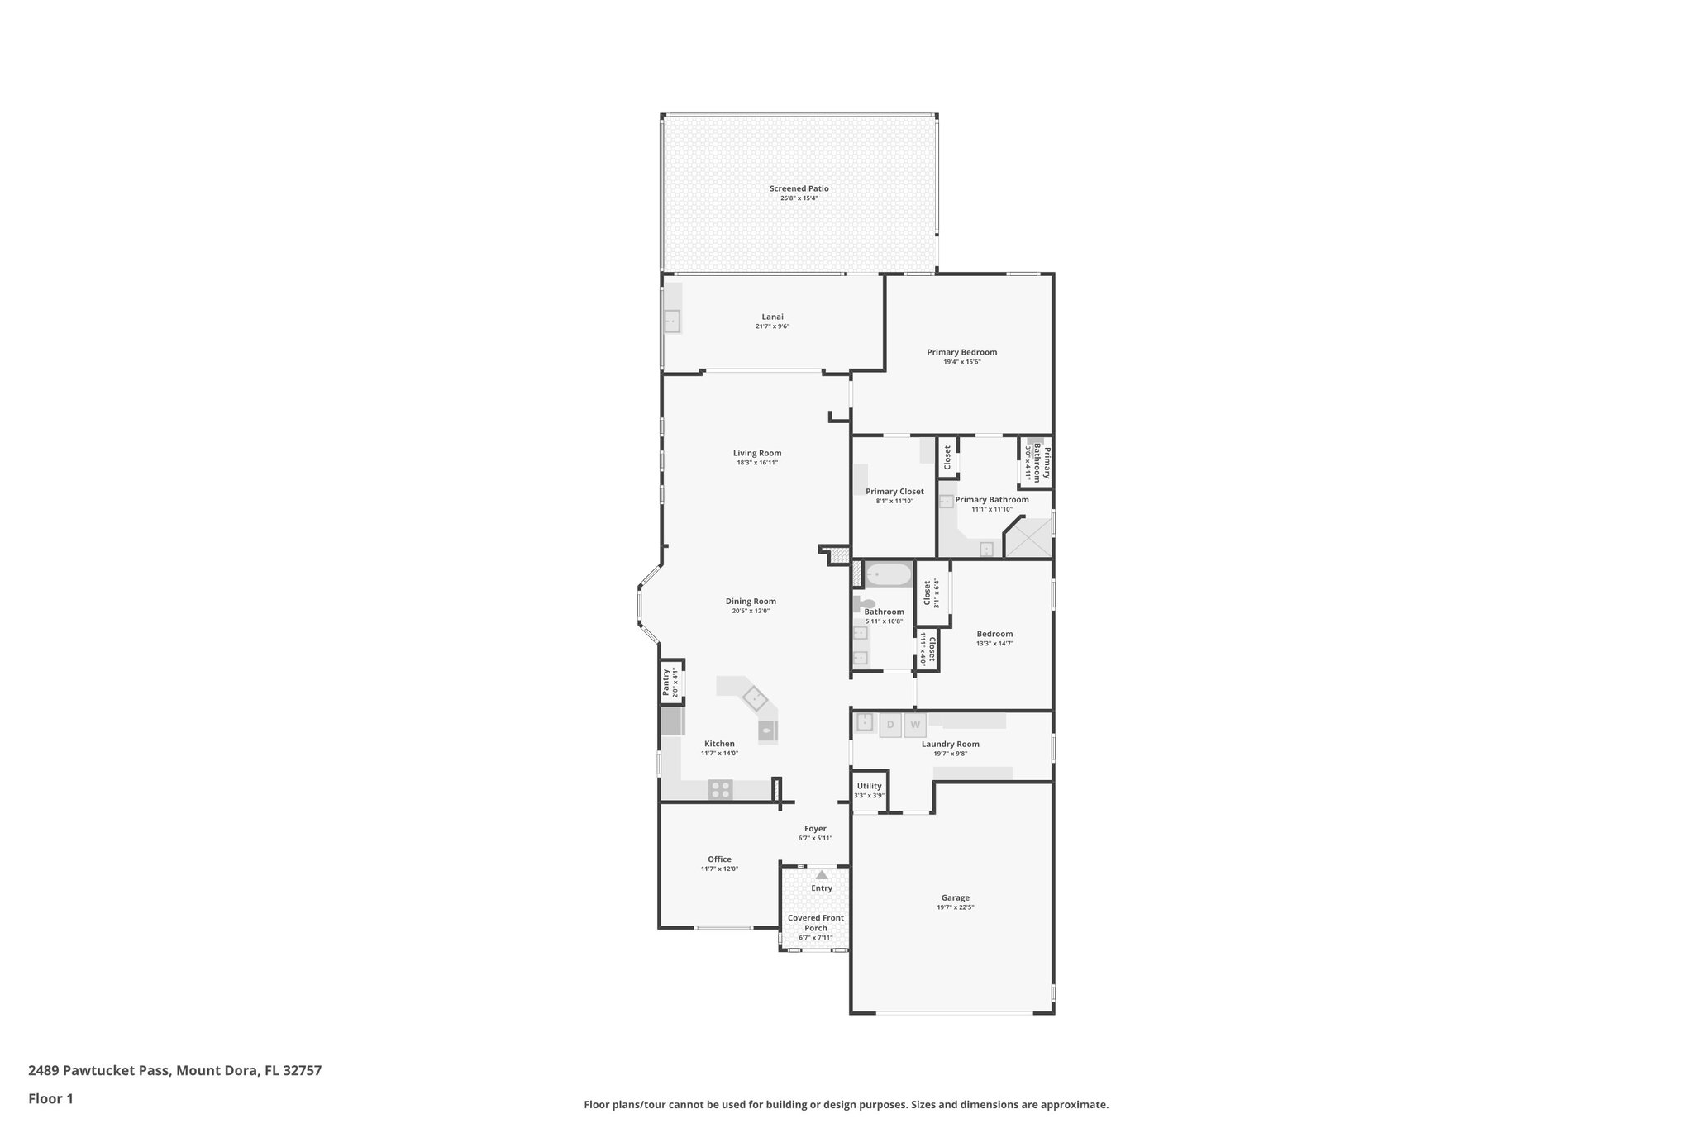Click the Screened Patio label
pos(799,188)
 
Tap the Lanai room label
pos(772,317)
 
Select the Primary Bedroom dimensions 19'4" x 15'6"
pos(961,362)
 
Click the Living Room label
pos(756,453)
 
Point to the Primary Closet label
pos(894,492)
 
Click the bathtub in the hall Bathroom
pos(889,574)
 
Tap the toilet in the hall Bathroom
pos(865,603)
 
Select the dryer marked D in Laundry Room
pos(890,725)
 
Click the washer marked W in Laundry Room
pos(914,725)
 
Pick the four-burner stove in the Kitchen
pos(720,789)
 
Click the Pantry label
pos(666,683)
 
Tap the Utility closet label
pos(869,786)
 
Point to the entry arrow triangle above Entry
pos(821,874)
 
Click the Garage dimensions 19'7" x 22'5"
pos(955,907)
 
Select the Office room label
pos(719,859)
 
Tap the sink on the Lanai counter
pos(672,321)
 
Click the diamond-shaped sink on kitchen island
pos(754,698)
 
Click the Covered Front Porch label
pos(815,922)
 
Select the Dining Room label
pos(751,602)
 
